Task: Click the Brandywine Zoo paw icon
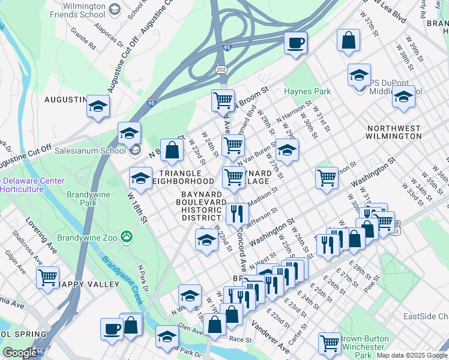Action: (x=127, y=236)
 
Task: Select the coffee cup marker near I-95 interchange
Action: (x=295, y=43)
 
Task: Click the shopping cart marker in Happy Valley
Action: (x=47, y=277)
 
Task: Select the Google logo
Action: (x=20, y=353)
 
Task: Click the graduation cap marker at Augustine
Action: (x=98, y=106)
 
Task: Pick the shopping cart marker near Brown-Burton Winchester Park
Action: (x=330, y=344)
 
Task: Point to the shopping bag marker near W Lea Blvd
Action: (x=348, y=41)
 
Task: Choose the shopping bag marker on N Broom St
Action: (x=172, y=151)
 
